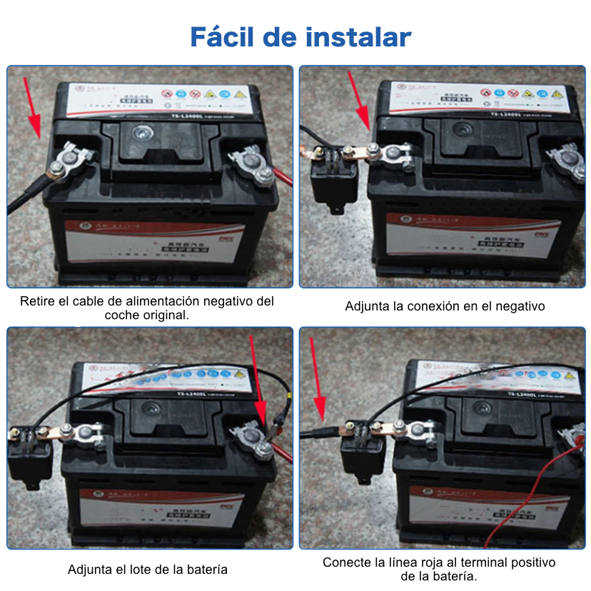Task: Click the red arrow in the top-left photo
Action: click(32, 107)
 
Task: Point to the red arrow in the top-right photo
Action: click(361, 100)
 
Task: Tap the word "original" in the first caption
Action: click(166, 315)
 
